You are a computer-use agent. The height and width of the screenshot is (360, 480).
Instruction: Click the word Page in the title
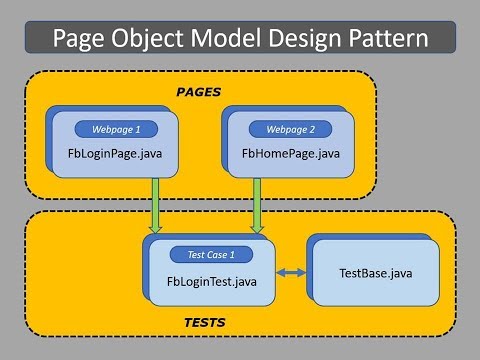click(x=83, y=40)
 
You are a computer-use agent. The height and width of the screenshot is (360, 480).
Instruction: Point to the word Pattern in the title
click(x=395, y=40)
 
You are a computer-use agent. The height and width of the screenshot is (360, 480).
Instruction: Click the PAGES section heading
click(x=198, y=92)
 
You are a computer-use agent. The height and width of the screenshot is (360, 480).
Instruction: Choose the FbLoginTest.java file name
click(x=212, y=281)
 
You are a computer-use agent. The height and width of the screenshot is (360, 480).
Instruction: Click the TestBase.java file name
click(x=375, y=273)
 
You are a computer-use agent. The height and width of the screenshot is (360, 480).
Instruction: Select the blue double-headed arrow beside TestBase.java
click(x=292, y=273)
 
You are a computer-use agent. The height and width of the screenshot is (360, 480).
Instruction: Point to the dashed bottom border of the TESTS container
click(x=240, y=340)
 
